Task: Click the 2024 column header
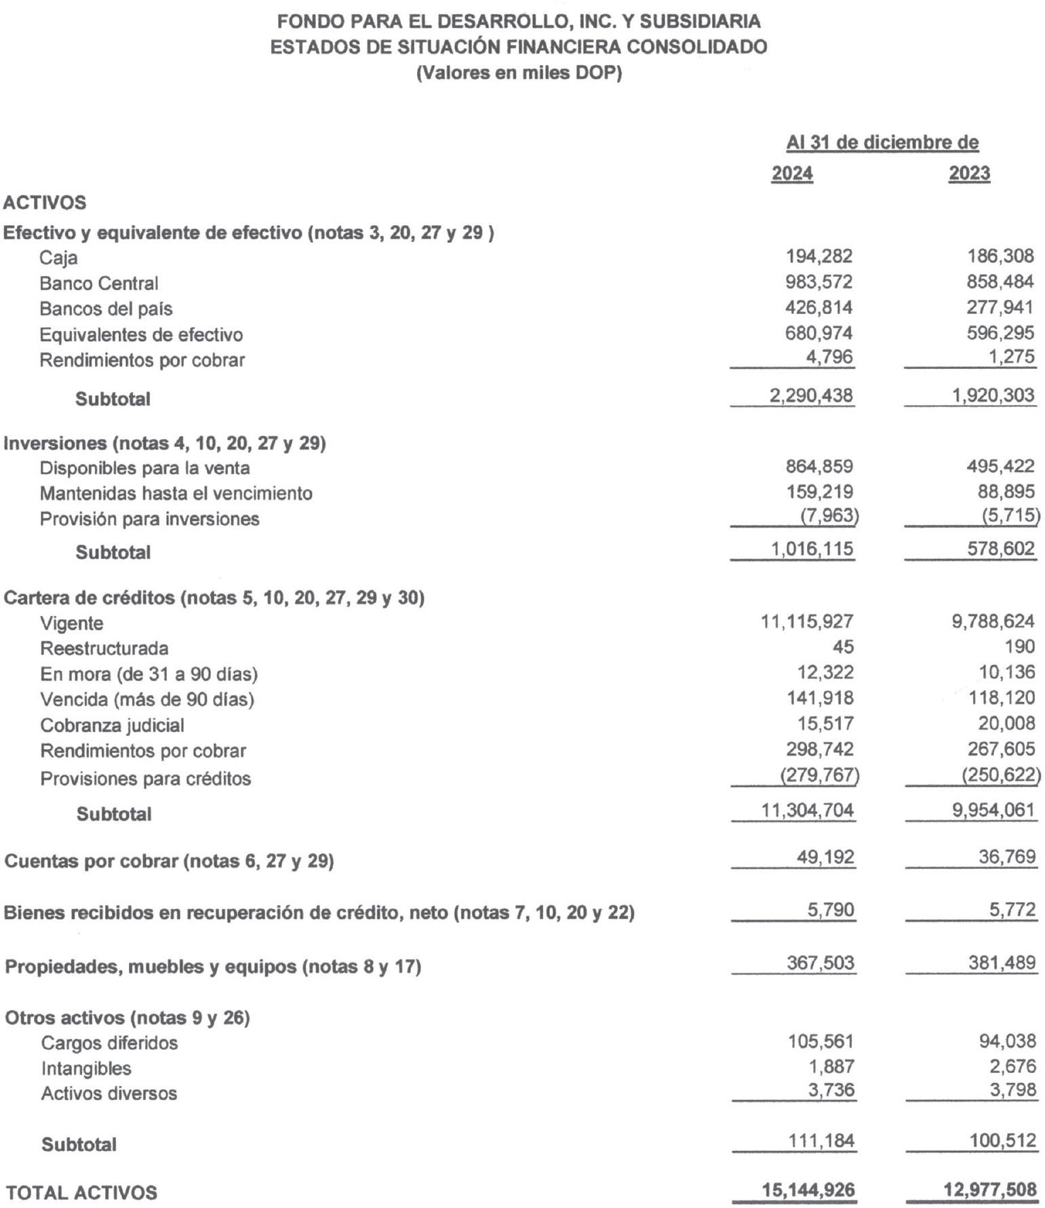[792, 174]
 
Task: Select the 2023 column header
[969, 174]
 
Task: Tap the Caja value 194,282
[819, 256]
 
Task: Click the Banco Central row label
[98, 283]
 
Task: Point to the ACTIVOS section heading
[45, 203]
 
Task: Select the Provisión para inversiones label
[149, 519]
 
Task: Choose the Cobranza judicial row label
[112, 725]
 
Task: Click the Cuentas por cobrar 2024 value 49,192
[825, 857]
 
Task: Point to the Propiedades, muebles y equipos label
[213, 967]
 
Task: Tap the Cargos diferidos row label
[109, 1043]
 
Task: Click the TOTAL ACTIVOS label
[81, 1192]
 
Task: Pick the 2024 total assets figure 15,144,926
[808, 1190]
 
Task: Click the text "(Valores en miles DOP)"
[519, 73]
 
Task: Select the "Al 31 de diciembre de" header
[882, 143]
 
